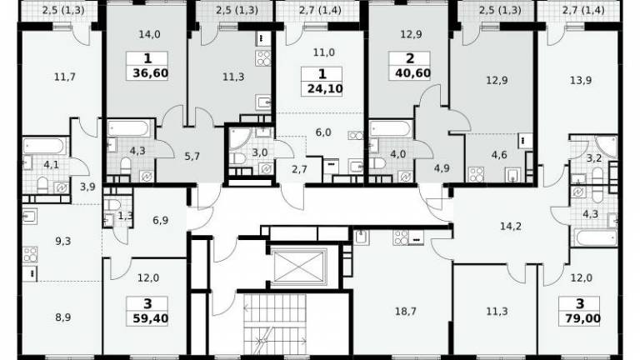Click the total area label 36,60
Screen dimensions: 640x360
[150, 74]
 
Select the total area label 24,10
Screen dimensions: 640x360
[325, 88]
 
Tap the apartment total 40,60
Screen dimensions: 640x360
[412, 73]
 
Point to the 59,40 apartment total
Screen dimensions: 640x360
[150, 318]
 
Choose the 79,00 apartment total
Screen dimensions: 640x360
[582, 318]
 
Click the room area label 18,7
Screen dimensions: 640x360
[406, 312]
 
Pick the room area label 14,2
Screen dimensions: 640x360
[511, 226]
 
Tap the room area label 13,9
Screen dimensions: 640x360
[581, 80]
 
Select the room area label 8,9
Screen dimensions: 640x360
[62, 317]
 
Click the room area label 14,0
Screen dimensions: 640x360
[149, 35]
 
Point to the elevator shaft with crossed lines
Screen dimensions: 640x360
[299, 266]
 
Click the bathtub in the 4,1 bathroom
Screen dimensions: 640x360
[44, 146]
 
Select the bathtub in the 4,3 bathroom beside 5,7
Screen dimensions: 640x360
[128, 128]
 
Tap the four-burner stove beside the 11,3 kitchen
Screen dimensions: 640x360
[263, 58]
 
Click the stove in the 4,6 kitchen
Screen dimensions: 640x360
[477, 174]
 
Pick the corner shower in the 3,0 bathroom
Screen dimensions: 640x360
[237, 137]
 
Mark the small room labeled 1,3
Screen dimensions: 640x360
[117, 212]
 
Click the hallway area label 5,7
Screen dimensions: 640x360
[192, 157]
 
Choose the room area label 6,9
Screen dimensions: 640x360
[160, 220]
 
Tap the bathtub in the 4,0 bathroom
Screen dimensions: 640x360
[390, 128]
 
